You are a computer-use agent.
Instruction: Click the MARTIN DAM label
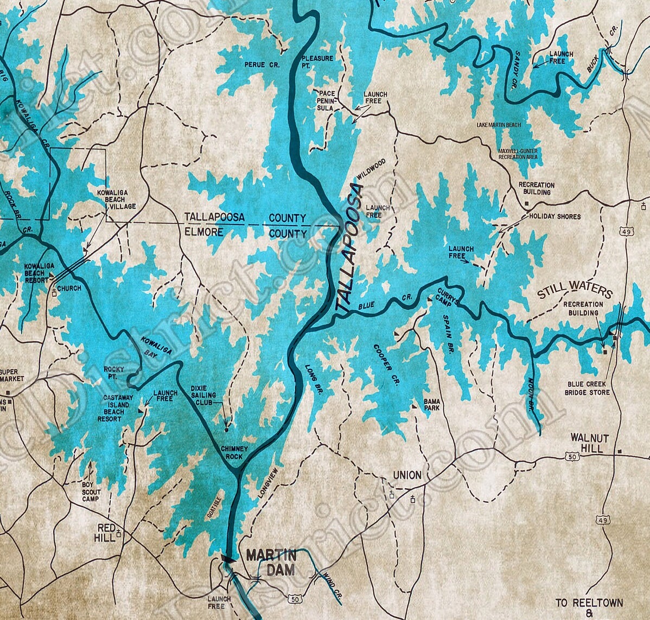271,563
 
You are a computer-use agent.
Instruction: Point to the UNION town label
407,475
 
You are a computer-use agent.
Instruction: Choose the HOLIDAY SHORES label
555,216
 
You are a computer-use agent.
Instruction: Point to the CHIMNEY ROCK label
234,452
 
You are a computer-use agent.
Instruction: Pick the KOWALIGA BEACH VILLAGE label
116,200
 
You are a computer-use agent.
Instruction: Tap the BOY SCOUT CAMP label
90,491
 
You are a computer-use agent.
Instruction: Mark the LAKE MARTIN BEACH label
498,125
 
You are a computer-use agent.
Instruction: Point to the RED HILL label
106,532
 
